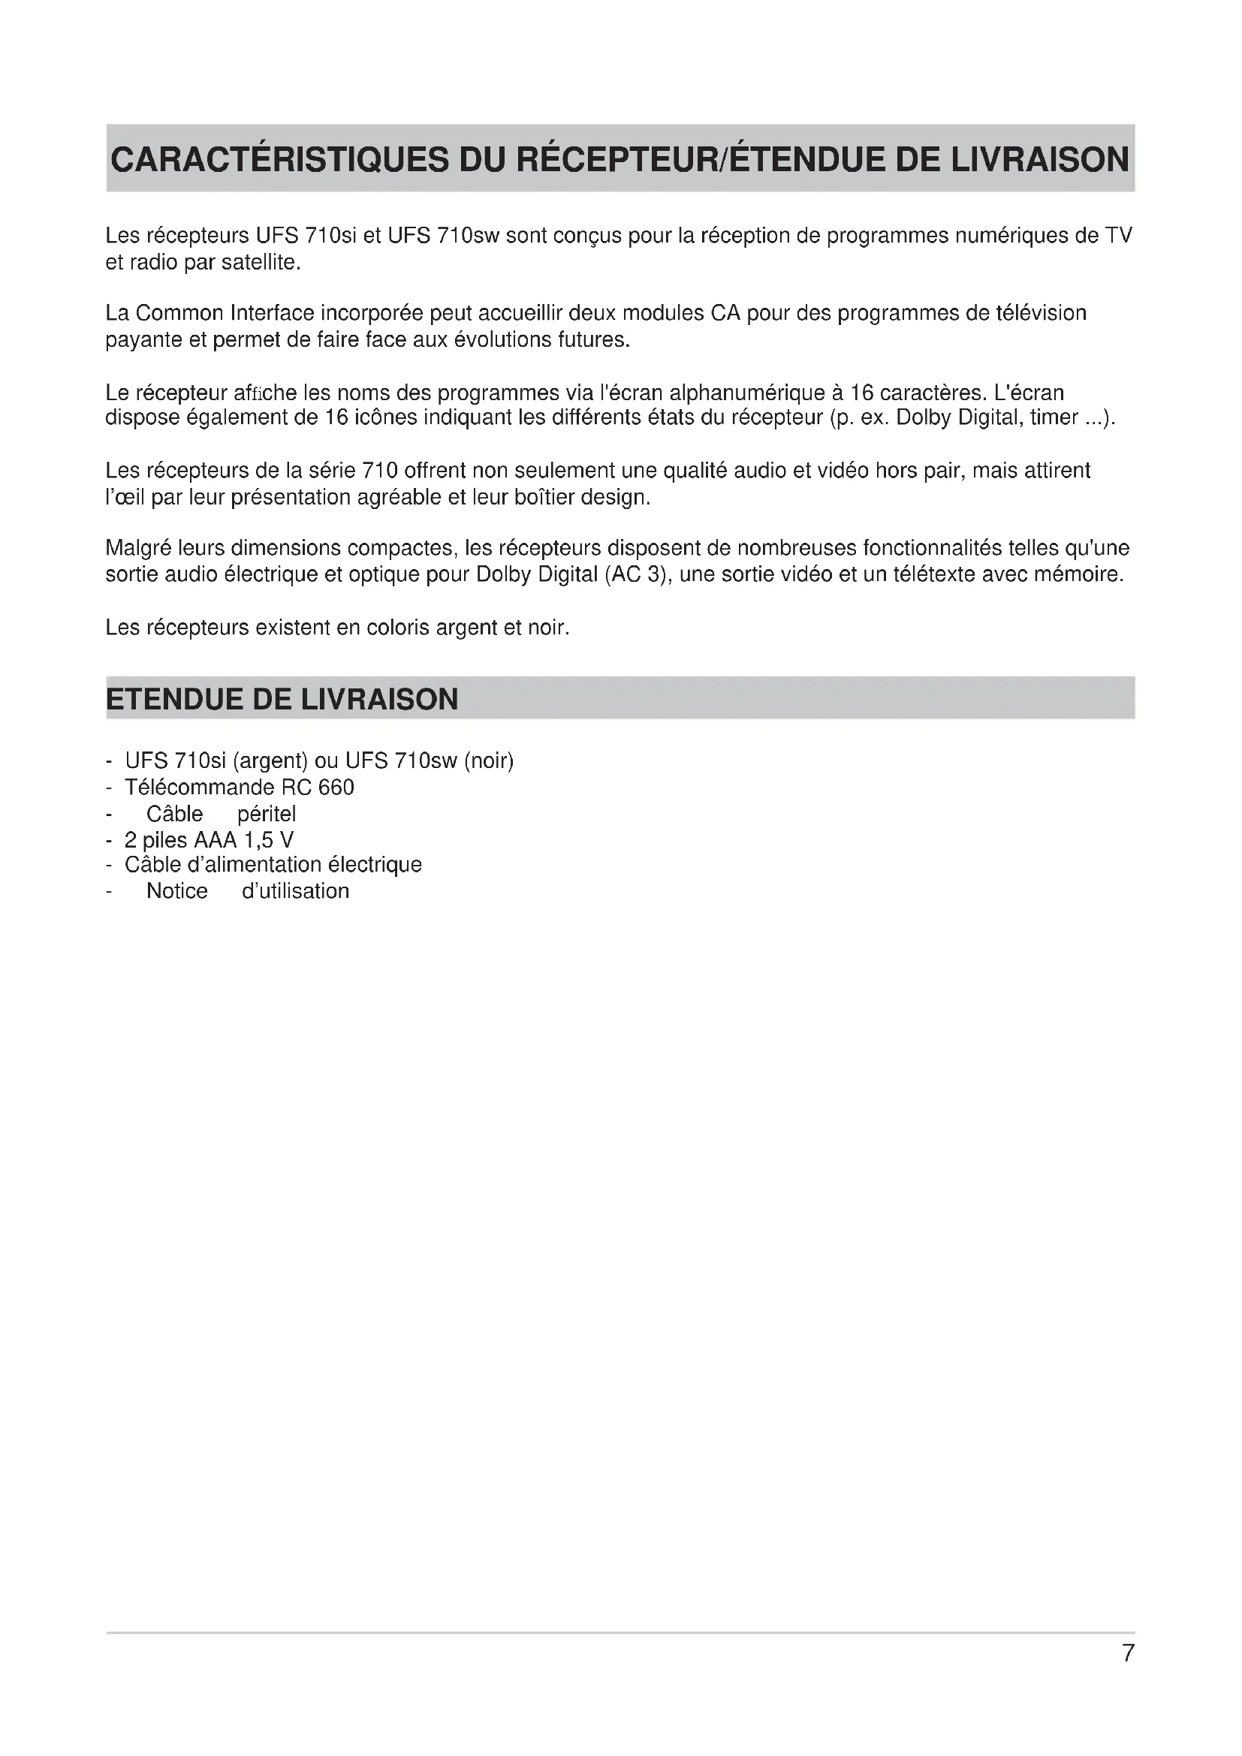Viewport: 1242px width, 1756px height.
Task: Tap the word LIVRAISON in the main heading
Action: pos(1039,160)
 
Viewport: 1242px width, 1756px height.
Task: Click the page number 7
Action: pos(1127,1653)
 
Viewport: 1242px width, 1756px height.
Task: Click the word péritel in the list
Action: pos(266,814)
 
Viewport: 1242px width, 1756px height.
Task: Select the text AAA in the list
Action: pos(215,840)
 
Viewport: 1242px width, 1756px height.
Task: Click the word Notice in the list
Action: pos(176,891)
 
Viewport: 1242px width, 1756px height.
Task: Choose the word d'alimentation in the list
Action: pos(254,865)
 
